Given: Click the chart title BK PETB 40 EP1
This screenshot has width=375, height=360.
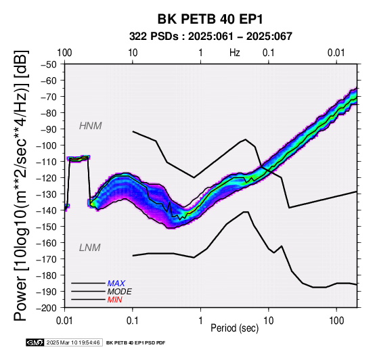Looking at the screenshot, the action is (x=210, y=19).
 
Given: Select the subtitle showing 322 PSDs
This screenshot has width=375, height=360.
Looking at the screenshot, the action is (x=211, y=37).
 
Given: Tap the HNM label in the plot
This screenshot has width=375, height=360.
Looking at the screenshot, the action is (x=91, y=126).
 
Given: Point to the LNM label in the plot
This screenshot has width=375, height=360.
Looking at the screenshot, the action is (x=89, y=248).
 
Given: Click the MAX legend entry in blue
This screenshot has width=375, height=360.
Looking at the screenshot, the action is (x=116, y=284).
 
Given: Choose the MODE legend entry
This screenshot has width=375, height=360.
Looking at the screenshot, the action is (x=119, y=292).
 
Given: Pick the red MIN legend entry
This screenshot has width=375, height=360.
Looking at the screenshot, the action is (x=114, y=300).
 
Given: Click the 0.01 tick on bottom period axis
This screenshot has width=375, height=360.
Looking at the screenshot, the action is (x=64, y=321).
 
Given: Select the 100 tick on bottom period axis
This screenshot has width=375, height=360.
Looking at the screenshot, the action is (x=336, y=321).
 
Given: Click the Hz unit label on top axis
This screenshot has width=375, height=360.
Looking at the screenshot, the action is (x=235, y=53).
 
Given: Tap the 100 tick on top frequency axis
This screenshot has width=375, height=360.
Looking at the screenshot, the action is (x=64, y=53).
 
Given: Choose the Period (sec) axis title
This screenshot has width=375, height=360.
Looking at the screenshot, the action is (x=235, y=328).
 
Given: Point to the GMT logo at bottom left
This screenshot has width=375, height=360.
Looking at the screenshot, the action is (x=35, y=342).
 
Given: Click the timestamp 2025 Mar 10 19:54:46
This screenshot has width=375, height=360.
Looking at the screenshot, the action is (x=73, y=342).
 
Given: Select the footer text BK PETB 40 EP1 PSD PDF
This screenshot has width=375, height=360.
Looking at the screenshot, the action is (x=135, y=343).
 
